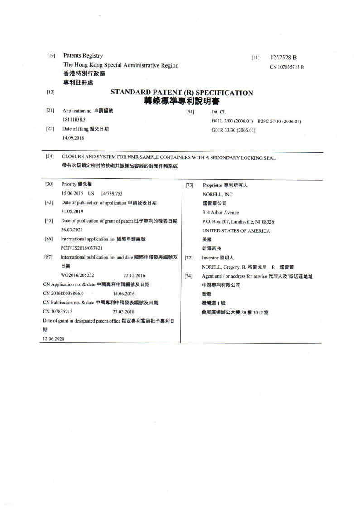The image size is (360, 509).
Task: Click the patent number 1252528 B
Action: tap(283, 58)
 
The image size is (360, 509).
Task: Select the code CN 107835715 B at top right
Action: tap(287, 67)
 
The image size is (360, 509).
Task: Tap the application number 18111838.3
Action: tap(74, 120)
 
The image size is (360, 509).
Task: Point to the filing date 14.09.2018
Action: tap(73, 138)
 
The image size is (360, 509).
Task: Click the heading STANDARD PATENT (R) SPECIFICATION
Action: tap(182, 93)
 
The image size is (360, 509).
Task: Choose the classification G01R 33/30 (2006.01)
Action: tap(234, 130)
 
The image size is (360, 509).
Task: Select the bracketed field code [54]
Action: tap(50, 157)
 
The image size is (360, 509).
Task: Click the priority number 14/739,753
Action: tap(112, 193)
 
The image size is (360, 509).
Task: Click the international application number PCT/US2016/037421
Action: tap(85, 248)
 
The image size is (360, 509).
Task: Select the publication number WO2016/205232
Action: tap(78, 275)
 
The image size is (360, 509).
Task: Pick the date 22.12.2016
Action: tap(134, 275)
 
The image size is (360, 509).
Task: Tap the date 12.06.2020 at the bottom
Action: tap(53, 339)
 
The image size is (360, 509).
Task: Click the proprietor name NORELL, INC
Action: tap(217, 194)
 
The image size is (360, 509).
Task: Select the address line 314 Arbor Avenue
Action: tap(221, 212)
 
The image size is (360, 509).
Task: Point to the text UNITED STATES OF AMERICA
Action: tap(236, 231)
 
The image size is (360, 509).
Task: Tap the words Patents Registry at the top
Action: tap(83, 56)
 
